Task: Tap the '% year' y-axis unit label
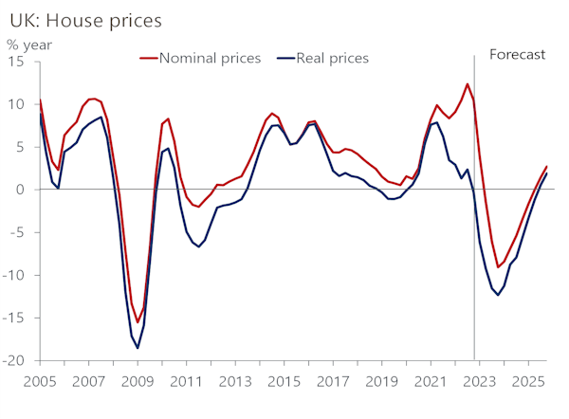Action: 30,43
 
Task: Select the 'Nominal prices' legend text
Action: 210,59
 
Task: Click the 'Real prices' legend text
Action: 332,59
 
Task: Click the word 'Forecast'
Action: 517,54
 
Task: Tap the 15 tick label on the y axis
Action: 17,62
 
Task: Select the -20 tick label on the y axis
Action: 14,360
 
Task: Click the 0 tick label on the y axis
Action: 22,190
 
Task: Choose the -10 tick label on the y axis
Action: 14,275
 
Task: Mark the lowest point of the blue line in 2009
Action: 138,348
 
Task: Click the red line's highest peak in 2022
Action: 467,84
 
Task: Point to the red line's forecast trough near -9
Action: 498,267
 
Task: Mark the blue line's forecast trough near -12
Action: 498,295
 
